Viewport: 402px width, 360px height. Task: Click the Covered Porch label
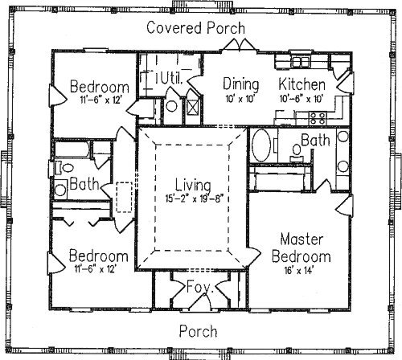(x=196, y=28)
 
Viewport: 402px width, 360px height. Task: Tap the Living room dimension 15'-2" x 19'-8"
(x=194, y=198)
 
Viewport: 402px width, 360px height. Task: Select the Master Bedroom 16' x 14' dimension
(x=299, y=271)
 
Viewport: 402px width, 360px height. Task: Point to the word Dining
(x=241, y=84)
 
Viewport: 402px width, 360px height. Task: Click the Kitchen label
(x=302, y=84)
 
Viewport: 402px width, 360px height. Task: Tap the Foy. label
(x=200, y=287)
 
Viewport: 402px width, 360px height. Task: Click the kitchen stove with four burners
(x=318, y=118)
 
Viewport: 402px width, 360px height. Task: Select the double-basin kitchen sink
(x=301, y=62)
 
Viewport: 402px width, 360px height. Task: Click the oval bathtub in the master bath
(x=261, y=145)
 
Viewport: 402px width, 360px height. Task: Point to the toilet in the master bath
(x=297, y=153)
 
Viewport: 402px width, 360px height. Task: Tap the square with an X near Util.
(x=193, y=107)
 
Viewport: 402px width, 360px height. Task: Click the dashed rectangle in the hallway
(x=125, y=198)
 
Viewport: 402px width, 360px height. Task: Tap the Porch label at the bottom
(x=198, y=331)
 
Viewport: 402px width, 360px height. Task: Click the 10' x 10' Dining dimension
(x=240, y=99)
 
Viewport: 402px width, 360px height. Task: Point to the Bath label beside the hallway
(x=84, y=184)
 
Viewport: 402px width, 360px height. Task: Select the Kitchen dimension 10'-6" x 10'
(x=301, y=99)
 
